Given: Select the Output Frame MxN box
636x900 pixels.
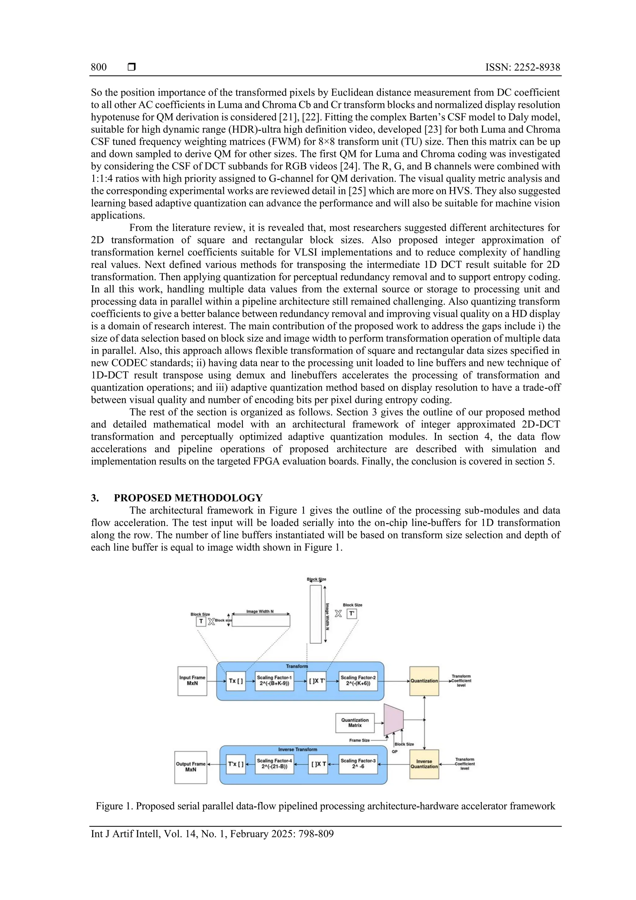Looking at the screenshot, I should pyautogui.click(x=190, y=767).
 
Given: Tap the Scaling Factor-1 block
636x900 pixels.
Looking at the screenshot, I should pyautogui.click(x=274, y=681).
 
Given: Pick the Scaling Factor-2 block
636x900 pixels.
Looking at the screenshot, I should pyautogui.click(x=358, y=681).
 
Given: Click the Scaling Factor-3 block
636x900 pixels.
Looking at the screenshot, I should pyautogui.click(x=358, y=764).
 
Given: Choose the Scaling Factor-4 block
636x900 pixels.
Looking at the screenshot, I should pyautogui.click(x=274, y=764).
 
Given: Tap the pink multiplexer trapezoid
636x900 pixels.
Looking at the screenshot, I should pyautogui.click(x=393, y=720).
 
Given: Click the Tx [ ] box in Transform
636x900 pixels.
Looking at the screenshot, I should pyautogui.click(x=235, y=681).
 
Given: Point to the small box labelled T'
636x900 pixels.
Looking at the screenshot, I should pyautogui.click(x=352, y=614).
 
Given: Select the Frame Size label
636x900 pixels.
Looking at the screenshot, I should pyautogui.click(x=359, y=740).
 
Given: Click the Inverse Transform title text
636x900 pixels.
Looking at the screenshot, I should pyautogui.click(x=298, y=749).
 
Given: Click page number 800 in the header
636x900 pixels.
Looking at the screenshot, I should pyautogui.click(x=99, y=67).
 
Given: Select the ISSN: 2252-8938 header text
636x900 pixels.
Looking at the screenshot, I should pyautogui.click(x=522, y=67).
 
